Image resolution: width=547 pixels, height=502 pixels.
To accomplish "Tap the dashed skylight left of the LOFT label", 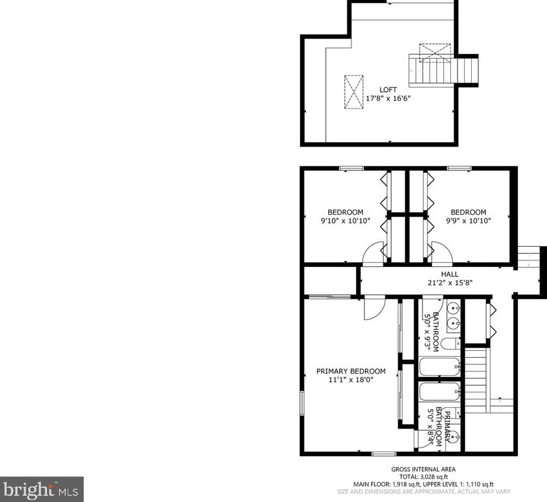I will coord(354,92).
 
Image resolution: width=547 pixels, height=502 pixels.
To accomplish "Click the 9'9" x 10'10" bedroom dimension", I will coord(468,220).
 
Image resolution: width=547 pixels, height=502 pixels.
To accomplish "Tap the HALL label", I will coord(450,274).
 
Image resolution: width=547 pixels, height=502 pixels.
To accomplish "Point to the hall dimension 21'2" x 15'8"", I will coord(450,282).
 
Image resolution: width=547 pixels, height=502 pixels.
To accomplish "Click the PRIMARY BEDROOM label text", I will coord(351,371).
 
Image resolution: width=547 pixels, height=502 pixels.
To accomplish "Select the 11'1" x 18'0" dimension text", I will coord(351,380).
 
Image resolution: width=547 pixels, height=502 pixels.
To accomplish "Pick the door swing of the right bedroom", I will coord(442,253).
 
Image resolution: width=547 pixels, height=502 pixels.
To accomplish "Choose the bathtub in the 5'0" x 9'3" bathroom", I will coord(440,366).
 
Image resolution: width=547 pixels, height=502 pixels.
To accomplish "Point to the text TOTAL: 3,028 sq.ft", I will coord(423,476).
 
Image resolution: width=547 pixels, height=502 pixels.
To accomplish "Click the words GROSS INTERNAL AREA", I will coord(423,469).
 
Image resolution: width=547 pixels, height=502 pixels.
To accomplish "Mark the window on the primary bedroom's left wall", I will coord(302,403).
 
